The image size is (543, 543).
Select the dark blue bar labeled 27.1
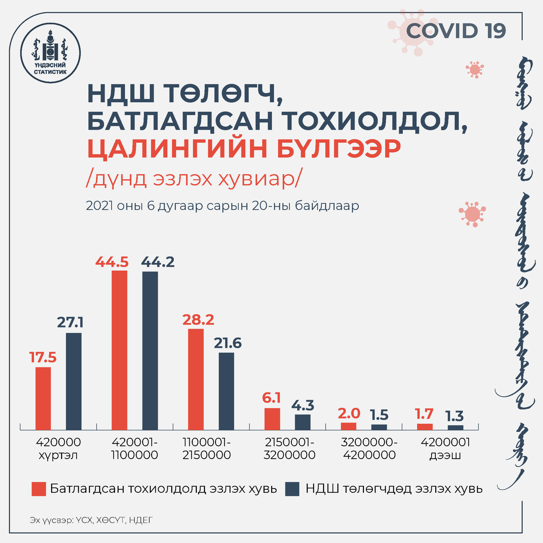(x=74, y=381)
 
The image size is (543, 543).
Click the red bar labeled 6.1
(x=272, y=419)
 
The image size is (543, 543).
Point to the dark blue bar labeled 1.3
(x=455, y=427)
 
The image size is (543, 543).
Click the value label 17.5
(x=43, y=357)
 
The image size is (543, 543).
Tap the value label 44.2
(x=158, y=262)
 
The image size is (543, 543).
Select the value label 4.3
(x=303, y=405)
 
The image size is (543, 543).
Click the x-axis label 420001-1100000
(x=135, y=449)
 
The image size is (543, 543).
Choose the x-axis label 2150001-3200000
(x=289, y=449)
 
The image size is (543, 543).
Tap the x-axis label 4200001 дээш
(x=445, y=449)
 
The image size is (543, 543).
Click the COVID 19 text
(x=456, y=31)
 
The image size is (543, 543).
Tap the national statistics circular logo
(x=50, y=53)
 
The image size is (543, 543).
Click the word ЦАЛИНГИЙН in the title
(x=177, y=149)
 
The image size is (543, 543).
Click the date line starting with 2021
(x=222, y=206)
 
